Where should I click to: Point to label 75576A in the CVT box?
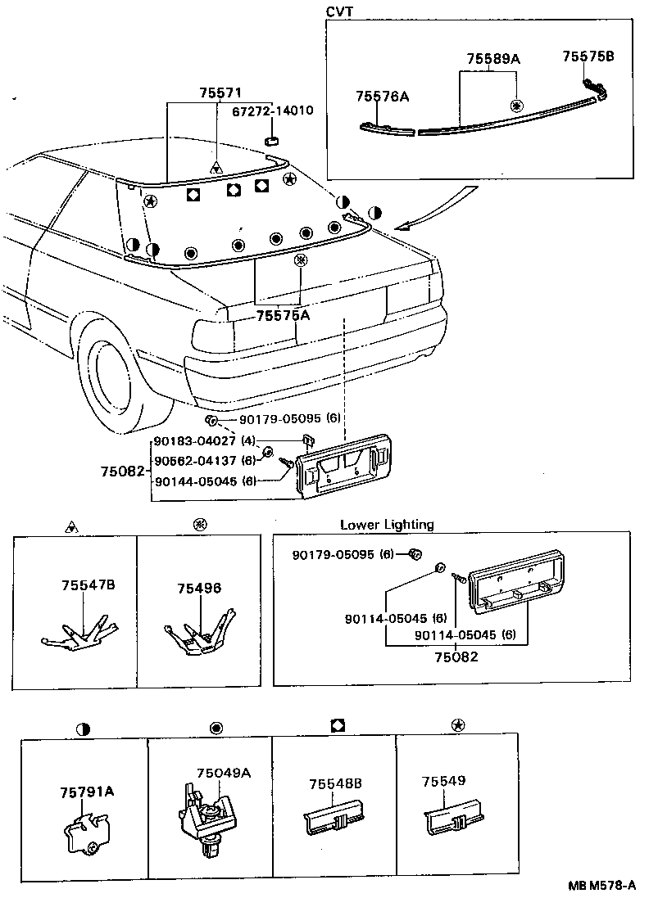(x=382, y=97)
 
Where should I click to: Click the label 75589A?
(x=494, y=59)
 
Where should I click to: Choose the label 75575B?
(x=588, y=56)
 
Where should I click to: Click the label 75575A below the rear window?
(x=284, y=315)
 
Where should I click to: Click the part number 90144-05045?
(x=196, y=481)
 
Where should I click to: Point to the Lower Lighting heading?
(x=387, y=525)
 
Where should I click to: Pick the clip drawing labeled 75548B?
(x=334, y=820)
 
